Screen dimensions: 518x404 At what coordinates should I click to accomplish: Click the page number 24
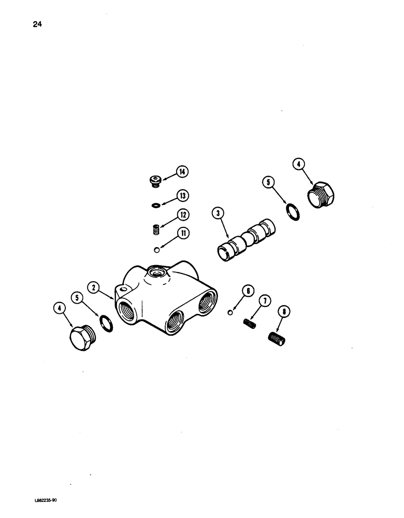pyautogui.click(x=37, y=23)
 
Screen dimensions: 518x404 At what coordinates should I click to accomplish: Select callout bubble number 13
pyautogui.click(x=182, y=195)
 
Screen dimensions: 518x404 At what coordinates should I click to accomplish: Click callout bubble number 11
pyautogui.click(x=182, y=234)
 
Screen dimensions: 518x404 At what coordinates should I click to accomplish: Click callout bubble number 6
pyautogui.click(x=248, y=292)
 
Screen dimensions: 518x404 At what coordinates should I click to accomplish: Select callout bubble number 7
pyautogui.click(x=265, y=300)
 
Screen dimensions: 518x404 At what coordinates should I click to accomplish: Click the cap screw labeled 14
pyautogui.click(x=154, y=180)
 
